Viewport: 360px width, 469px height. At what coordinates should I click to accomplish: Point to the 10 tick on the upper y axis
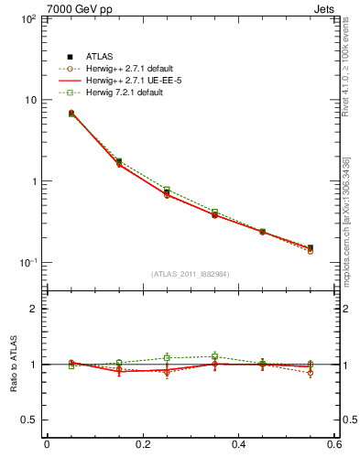(x=29, y=100)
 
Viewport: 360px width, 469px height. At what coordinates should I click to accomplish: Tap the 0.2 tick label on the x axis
(x=142, y=445)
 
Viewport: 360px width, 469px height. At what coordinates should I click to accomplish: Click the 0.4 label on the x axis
(x=238, y=445)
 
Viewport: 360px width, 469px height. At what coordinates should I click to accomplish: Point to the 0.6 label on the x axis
(x=333, y=445)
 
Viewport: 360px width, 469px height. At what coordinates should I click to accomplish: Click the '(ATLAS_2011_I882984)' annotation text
(x=191, y=274)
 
